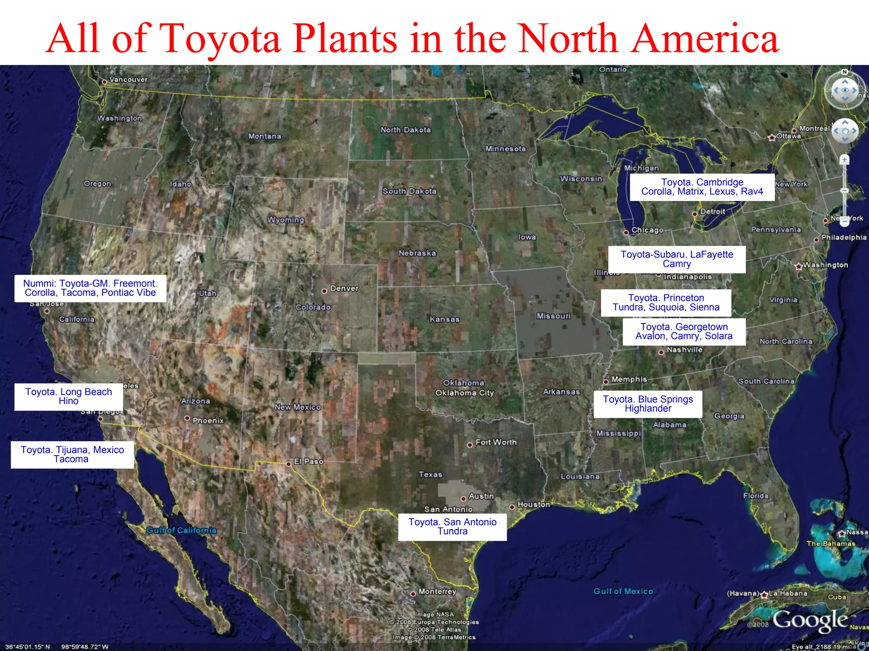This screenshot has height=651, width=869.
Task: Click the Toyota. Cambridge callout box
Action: (x=702, y=187)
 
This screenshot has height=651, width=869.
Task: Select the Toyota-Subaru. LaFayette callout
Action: (x=677, y=259)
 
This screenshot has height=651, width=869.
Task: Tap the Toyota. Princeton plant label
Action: (x=666, y=303)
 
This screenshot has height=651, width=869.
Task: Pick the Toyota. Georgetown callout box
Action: (x=684, y=331)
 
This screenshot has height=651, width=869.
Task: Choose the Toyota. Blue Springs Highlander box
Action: (x=648, y=404)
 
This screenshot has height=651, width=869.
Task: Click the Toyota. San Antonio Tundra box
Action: (x=452, y=527)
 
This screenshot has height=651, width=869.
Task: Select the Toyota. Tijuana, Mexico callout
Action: (x=72, y=455)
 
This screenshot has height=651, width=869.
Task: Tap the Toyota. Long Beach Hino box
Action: (x=69, y=397)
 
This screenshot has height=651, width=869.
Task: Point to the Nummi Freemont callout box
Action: (x=90, y=288)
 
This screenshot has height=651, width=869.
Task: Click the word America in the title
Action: (x=704, y=39)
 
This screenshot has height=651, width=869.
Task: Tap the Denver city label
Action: (x=344, y=289)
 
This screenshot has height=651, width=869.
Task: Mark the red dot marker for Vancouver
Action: (x=104, y=82)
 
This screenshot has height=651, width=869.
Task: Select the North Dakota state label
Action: (x=405, y=130)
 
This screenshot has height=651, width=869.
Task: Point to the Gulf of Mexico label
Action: (x=623, y=591)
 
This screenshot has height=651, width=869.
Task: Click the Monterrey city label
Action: (x=437, y=591)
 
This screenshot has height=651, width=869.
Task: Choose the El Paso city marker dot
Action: (x=289, y=464)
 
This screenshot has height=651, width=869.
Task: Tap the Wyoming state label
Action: (x=286, y=220)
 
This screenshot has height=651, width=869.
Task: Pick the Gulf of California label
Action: (x=181, y=530)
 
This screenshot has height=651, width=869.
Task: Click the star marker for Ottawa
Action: (x=772, y=137)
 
